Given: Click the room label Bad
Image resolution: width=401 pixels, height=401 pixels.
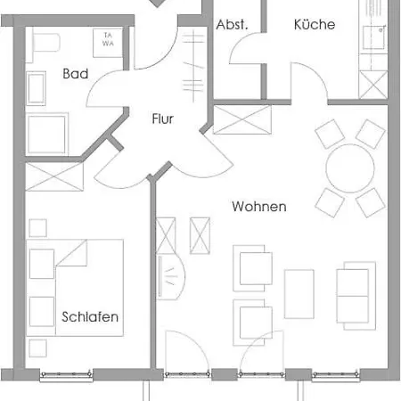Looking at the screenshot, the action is click(x=76, y=74).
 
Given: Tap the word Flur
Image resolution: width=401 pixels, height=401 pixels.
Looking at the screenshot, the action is click(x=162, y=119).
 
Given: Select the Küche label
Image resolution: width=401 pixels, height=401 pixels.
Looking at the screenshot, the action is click(x=315, y=24).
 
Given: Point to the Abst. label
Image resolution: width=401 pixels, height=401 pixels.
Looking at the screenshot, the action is click(x=232, y=24).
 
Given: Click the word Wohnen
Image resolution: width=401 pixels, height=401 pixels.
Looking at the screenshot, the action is click(x=259, y=207).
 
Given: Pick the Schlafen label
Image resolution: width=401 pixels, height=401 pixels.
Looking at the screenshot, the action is click(x=90, y=317).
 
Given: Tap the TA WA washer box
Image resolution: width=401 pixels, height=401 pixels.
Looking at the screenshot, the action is click(x=108, y=43).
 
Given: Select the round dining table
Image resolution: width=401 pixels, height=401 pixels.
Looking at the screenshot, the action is click(x=350, y=168).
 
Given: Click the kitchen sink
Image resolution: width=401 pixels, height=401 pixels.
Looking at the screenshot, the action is click(x=374, y=37).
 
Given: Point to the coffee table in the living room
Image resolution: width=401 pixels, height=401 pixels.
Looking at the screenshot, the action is click(x=299, y=294).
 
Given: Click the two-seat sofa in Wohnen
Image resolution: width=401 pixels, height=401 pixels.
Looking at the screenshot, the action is click(x=356, y=296).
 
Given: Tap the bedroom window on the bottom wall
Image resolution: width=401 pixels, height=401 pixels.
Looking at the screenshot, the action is click(x=66, y=375).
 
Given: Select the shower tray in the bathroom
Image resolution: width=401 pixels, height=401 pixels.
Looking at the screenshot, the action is click(x=46, y=135).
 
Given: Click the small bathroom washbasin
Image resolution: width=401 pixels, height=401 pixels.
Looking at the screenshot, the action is click(x=37, y=88).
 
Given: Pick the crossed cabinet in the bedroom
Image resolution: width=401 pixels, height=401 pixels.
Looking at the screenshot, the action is click(x=54, y=176).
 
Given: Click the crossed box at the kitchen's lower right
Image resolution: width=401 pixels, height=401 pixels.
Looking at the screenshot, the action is click(x=373, y=85).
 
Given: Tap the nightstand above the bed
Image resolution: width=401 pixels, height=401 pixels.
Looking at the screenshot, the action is click(x=38, y=228).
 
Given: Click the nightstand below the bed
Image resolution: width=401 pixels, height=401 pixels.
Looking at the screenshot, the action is click(x=38, y=348).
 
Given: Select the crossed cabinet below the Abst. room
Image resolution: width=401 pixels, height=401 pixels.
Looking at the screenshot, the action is click(x=242, y=119).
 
